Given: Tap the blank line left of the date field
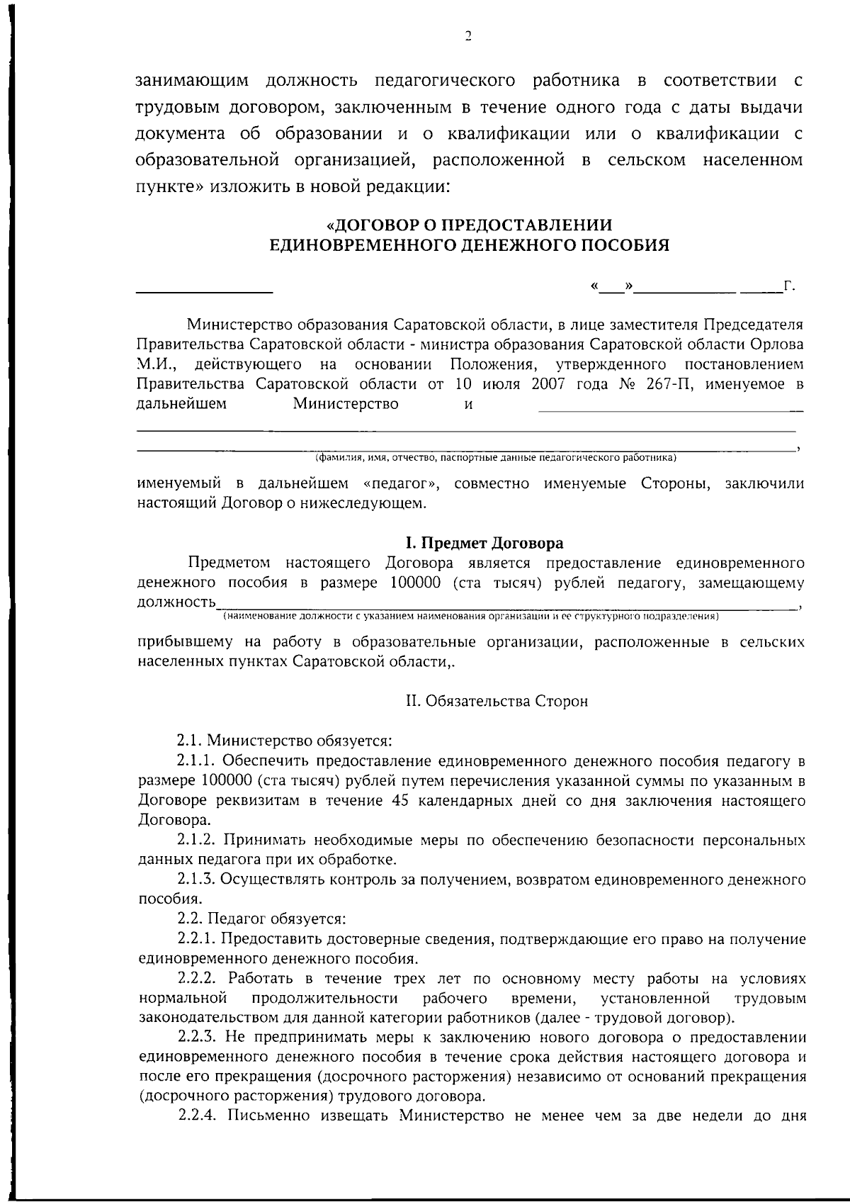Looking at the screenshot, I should click(x=204, y=291).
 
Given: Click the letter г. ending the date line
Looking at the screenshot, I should click(x=790, y=286).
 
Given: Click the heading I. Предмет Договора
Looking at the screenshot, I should click(x=484, y=543).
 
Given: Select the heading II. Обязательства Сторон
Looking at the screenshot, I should click(x=497, y=702).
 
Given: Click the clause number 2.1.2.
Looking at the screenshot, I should click(x=198, y=841).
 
